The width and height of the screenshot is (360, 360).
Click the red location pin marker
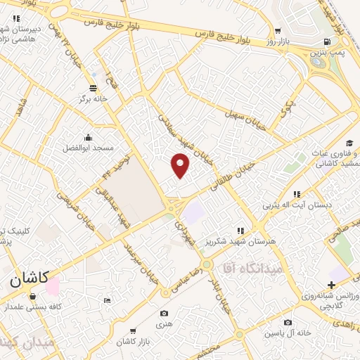point(181,165)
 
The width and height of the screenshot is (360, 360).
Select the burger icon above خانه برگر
point(94,88)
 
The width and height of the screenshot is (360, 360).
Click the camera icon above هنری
point(164,314)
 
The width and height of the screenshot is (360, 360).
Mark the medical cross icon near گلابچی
point(331,285)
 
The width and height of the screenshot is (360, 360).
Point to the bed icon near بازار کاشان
point(107,300)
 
